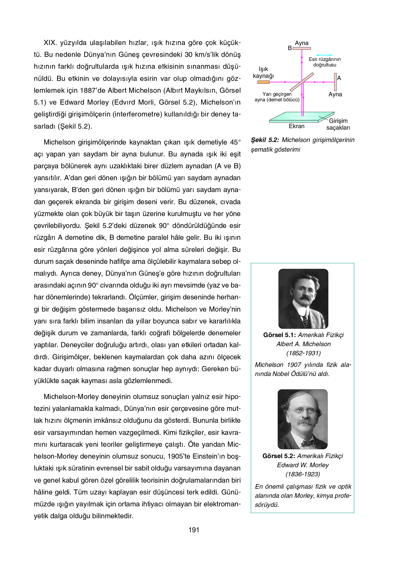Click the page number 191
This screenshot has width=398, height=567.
click(194, 530)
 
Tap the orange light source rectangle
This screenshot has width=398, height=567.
click(263, 82)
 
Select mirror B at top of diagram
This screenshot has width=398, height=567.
click(302, 48)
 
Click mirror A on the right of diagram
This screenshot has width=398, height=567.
click(335, 82)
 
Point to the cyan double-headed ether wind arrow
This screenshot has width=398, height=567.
click(324, 55)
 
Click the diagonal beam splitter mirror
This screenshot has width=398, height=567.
click(302, 82)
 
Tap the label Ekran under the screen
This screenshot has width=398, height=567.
click(297, 126)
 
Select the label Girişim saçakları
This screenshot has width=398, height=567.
click(338, 124)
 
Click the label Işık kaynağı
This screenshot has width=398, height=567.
click(263, 73)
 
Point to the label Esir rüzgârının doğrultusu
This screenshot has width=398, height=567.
click(325, 62)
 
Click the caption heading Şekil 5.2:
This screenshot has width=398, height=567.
click(265, 140)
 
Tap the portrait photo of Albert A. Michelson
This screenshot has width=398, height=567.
click(303, 298)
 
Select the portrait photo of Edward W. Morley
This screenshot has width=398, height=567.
click(302, 419)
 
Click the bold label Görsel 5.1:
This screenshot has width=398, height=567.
click(279, 335)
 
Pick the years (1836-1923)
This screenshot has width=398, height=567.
click(303, 474)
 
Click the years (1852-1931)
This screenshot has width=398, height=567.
click(303, 353)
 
